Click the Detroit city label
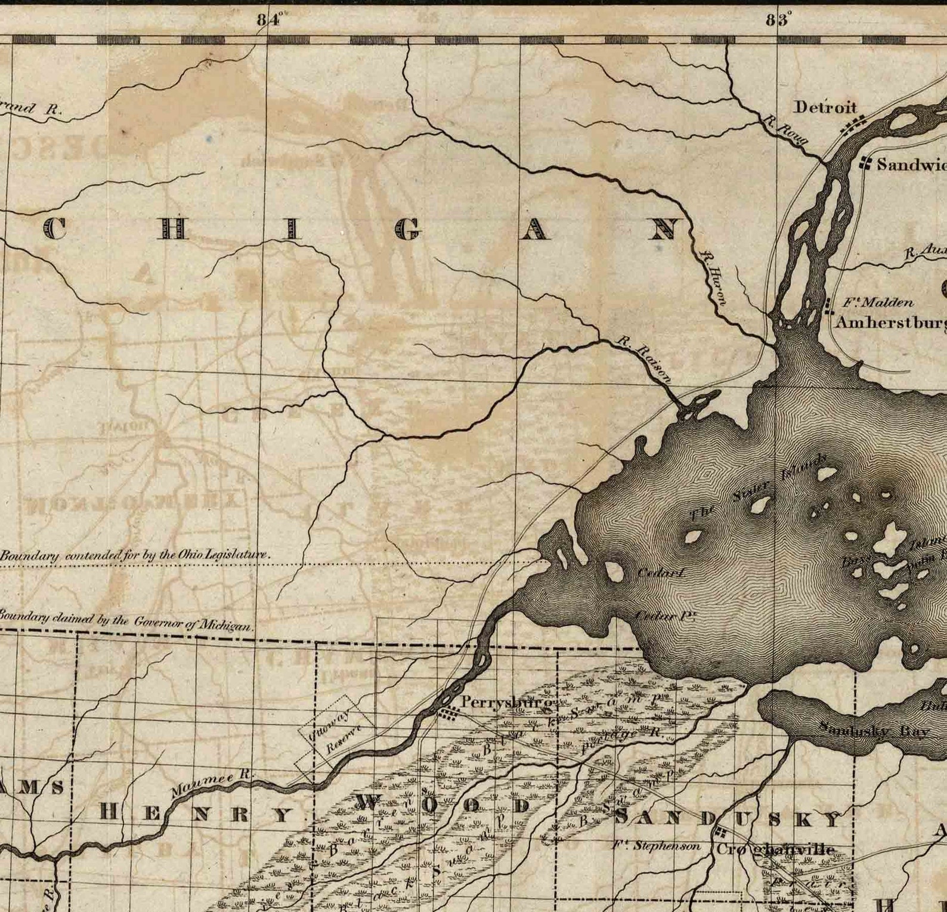coord(825,107)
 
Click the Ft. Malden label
coord(877,302)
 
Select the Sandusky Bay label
coord(874,729)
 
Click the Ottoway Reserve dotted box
coord(336,735)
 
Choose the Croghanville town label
coord(775,849)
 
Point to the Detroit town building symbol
coord(853,126)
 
